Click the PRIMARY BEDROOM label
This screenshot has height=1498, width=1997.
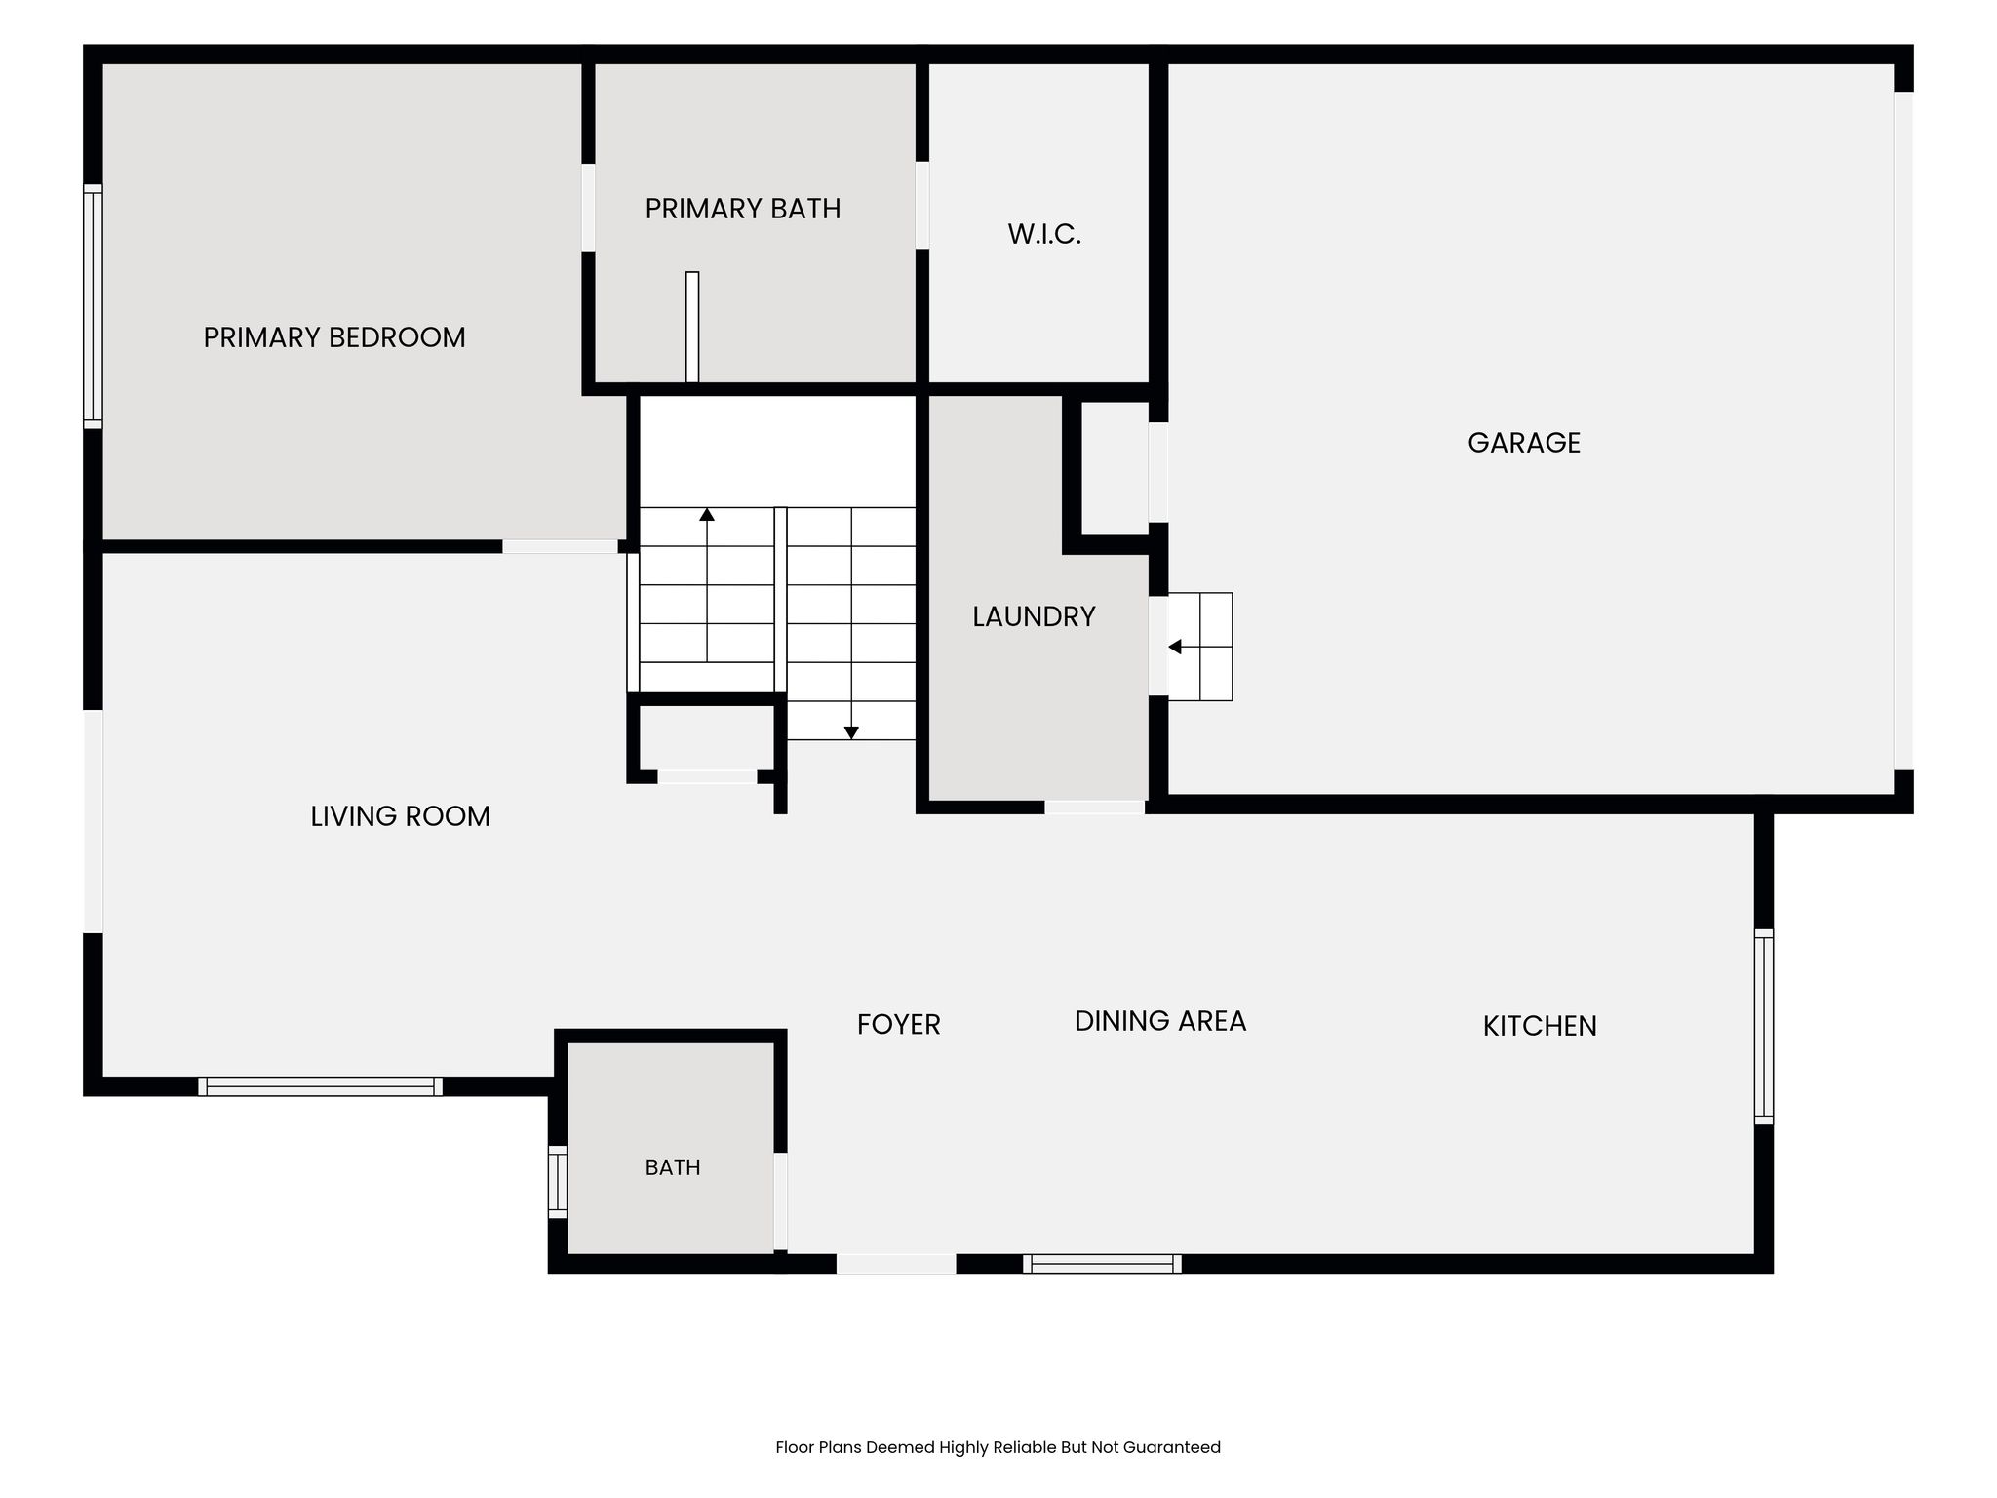click(x=334, y=337)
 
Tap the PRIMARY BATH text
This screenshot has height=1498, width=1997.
click(x=743, y=209)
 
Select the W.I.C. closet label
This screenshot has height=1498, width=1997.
click(x=1044, y=234)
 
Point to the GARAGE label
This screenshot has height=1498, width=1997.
click(x=1524, y=443)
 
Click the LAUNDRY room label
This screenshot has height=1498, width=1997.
click(x=1034, y=616)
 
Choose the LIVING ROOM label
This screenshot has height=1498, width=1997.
click(x=400, y=816)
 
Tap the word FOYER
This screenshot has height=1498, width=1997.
click(x=898, y=1025)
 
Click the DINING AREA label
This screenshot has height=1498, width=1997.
click(x=1160, y=1021)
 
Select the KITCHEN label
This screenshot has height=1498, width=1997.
click(x=1540, y=1026)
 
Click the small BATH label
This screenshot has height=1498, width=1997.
click(x=673, y=1167)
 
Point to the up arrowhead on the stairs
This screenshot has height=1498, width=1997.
click(x=707, y=514)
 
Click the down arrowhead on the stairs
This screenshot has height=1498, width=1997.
click(x=851, y=732)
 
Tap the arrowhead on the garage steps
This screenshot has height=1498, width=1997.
click(x=1175, y=647)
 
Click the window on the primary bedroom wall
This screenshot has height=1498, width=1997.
click(x=93, y=306)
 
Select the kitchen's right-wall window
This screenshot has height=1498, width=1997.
click(x=1763, y=1027)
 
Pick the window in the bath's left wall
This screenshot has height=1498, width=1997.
click(x=557, y=1182)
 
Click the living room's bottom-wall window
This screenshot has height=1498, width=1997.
click(x=320, y=1086)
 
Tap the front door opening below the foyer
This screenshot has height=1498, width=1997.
click(x=896, y=1264)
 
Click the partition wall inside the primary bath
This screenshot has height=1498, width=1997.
click(x=692, y=327)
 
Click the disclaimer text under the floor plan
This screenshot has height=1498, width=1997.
click(x=998, y=1448)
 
